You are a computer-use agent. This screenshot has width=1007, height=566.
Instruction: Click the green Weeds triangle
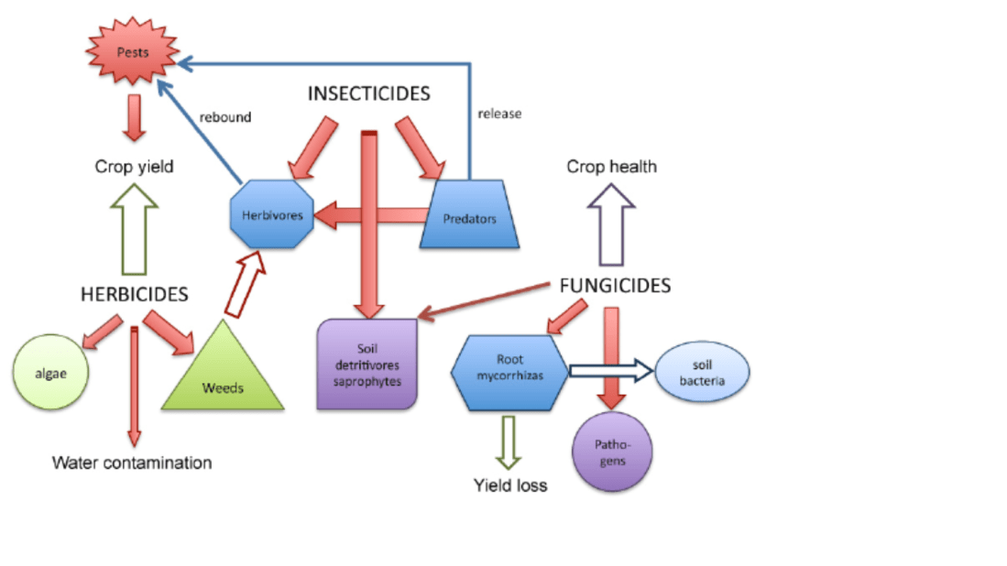point(223,376)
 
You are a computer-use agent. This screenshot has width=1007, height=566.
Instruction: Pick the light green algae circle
point(51,374)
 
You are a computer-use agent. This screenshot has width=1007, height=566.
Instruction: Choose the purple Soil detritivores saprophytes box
point(367,364)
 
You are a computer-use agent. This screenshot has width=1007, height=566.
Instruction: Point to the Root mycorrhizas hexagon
point(509,372)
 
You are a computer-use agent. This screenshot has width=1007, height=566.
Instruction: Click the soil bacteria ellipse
point(703,371)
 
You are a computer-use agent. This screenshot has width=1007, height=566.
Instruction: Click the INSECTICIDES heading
point(368,94)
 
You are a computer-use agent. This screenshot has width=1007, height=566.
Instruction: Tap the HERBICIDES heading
point(134,294)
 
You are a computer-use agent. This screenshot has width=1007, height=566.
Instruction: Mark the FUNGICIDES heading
point(615,286)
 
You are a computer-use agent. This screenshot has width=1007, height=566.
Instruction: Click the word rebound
point(224,117)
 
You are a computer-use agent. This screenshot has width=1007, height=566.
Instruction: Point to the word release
point(499,114)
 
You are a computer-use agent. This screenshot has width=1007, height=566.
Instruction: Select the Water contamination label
point(132,463)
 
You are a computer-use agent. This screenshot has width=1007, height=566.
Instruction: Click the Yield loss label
point(510,485)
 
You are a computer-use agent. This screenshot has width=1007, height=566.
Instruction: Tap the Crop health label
point(611,167)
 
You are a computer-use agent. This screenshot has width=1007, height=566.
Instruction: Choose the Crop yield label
point(135,167)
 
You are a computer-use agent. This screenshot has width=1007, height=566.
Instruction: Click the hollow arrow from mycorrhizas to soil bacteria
point(611,371)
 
